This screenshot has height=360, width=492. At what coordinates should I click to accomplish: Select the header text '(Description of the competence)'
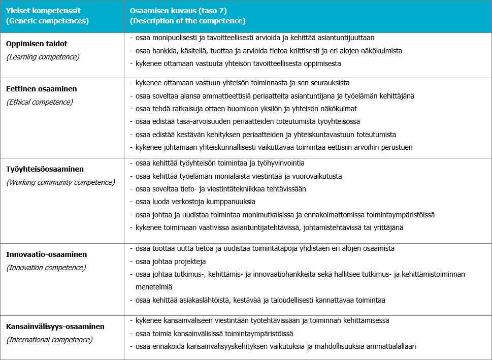click(188, 21)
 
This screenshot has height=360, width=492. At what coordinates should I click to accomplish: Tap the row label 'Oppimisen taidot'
click(37, 44)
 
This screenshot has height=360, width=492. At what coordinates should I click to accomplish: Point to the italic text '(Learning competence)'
click(43, 57)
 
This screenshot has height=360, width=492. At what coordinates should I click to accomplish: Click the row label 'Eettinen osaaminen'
click(42, 89)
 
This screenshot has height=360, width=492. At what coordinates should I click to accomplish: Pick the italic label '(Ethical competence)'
click(40, 102)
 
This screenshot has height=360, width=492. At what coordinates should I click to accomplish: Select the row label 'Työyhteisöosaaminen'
click(45, 169)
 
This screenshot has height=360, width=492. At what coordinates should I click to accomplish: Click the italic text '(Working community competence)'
click(60, 182)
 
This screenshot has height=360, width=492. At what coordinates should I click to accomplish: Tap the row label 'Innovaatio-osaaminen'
click(47, 254)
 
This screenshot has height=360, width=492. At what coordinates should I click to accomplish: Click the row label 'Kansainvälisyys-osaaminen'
click(55, 326)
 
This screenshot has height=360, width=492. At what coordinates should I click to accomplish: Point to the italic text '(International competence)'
click(50, 339)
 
